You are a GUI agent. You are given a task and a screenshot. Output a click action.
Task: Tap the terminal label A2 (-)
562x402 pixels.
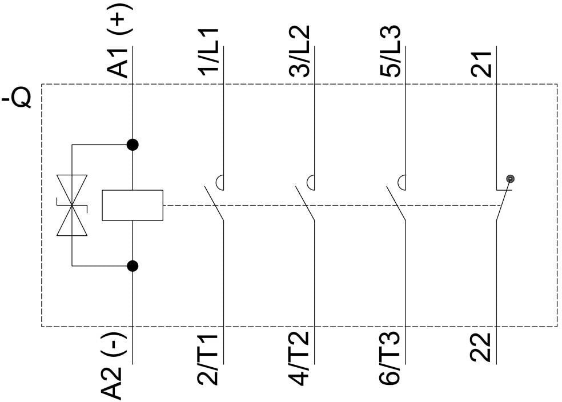pyautogui.click(x=119, y=365)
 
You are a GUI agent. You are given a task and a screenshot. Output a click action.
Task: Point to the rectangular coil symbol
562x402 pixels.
pyautogui.click(x=133, y=204)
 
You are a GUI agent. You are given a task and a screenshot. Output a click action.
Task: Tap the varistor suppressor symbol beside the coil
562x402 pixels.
pyautogui.click(x=72, y=204)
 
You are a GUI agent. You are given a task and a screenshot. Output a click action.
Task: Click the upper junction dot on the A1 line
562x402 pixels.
pyautogui.click(x=133, y=144)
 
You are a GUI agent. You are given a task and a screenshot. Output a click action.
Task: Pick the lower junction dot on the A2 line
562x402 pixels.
pyautogui.click(x=133, y=266)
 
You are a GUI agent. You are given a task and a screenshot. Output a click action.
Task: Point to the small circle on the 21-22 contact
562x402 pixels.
pyautogui.click(x=510, y=179)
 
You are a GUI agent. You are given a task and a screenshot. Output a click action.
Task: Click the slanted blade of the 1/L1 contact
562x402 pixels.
pyautogui.click(x=214, y=203)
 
